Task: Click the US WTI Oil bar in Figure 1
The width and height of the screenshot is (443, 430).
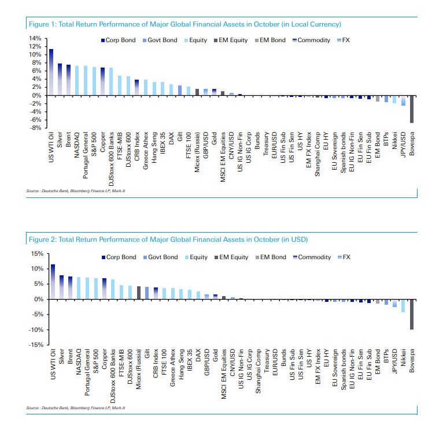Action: [51, 72]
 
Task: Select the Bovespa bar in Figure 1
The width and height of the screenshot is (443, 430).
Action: [411, 109]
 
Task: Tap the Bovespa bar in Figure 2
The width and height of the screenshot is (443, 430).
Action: [411, 314]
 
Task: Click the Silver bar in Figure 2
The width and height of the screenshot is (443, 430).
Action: [60, 287]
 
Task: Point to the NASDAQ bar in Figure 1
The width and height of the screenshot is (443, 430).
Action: [77, 80]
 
